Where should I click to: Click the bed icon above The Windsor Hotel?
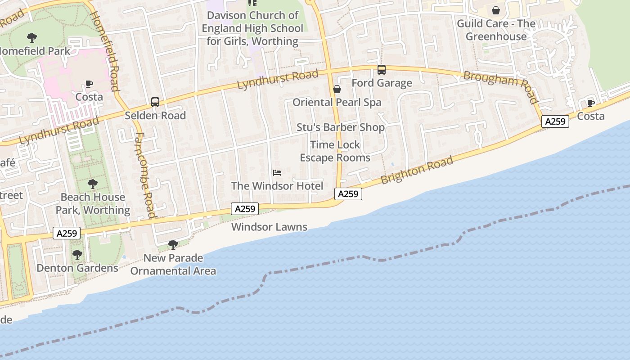(x=277, y=173)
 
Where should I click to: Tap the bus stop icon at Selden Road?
(x=155, y=102)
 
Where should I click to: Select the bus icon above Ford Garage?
(x=382, y=70)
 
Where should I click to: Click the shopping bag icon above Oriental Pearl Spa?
(x=337, y=89)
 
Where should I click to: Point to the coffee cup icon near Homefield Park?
(x=89, y=84)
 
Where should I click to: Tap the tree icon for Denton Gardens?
(x=77, y=255)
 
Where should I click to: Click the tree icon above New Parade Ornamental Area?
(x=173, y=245)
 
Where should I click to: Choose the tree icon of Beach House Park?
(x=93, y=184)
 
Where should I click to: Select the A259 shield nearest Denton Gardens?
(x=67, y=233)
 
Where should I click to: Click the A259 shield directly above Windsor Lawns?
(x=245, y=209)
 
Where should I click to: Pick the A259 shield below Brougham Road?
(x=555, y=121)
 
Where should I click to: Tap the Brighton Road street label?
(x=417, y=171)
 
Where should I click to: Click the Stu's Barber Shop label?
(x=341, y=127)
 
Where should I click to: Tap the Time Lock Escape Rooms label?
(x=335, y=151)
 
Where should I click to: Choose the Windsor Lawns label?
(x=269, y=227)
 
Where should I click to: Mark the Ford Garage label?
(x=382, y=83)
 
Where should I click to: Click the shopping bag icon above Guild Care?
(x=496, y=10)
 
